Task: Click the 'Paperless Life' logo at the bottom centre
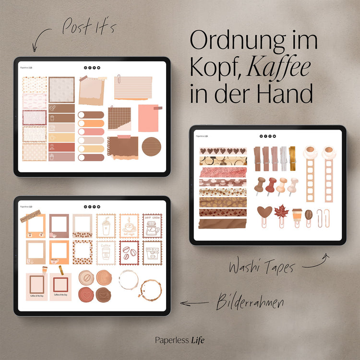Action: point(180,340)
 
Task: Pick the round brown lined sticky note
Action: point(150,146)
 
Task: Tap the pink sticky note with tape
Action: point(148,118)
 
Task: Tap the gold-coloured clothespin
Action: point(292,158)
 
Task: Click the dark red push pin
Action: point(271,185)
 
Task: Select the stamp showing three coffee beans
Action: point(129,252)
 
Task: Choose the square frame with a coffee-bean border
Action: point(82,252)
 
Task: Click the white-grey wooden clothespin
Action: point(283,158)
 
